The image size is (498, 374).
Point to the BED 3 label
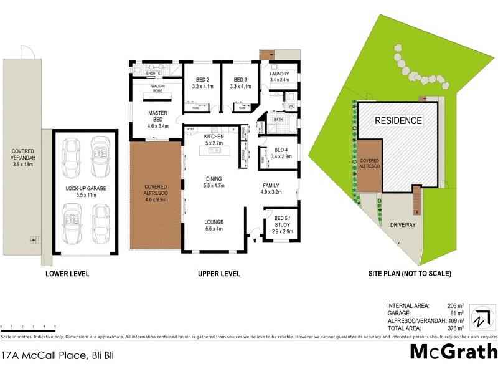(240, 80)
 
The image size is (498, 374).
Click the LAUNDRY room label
(279, 74)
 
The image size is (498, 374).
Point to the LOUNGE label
(214, 222)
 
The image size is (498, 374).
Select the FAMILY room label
(270, 185)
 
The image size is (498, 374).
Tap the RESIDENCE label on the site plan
(398, 120)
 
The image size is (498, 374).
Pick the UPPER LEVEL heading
(219, 274)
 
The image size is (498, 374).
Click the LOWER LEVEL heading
(67, 274)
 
